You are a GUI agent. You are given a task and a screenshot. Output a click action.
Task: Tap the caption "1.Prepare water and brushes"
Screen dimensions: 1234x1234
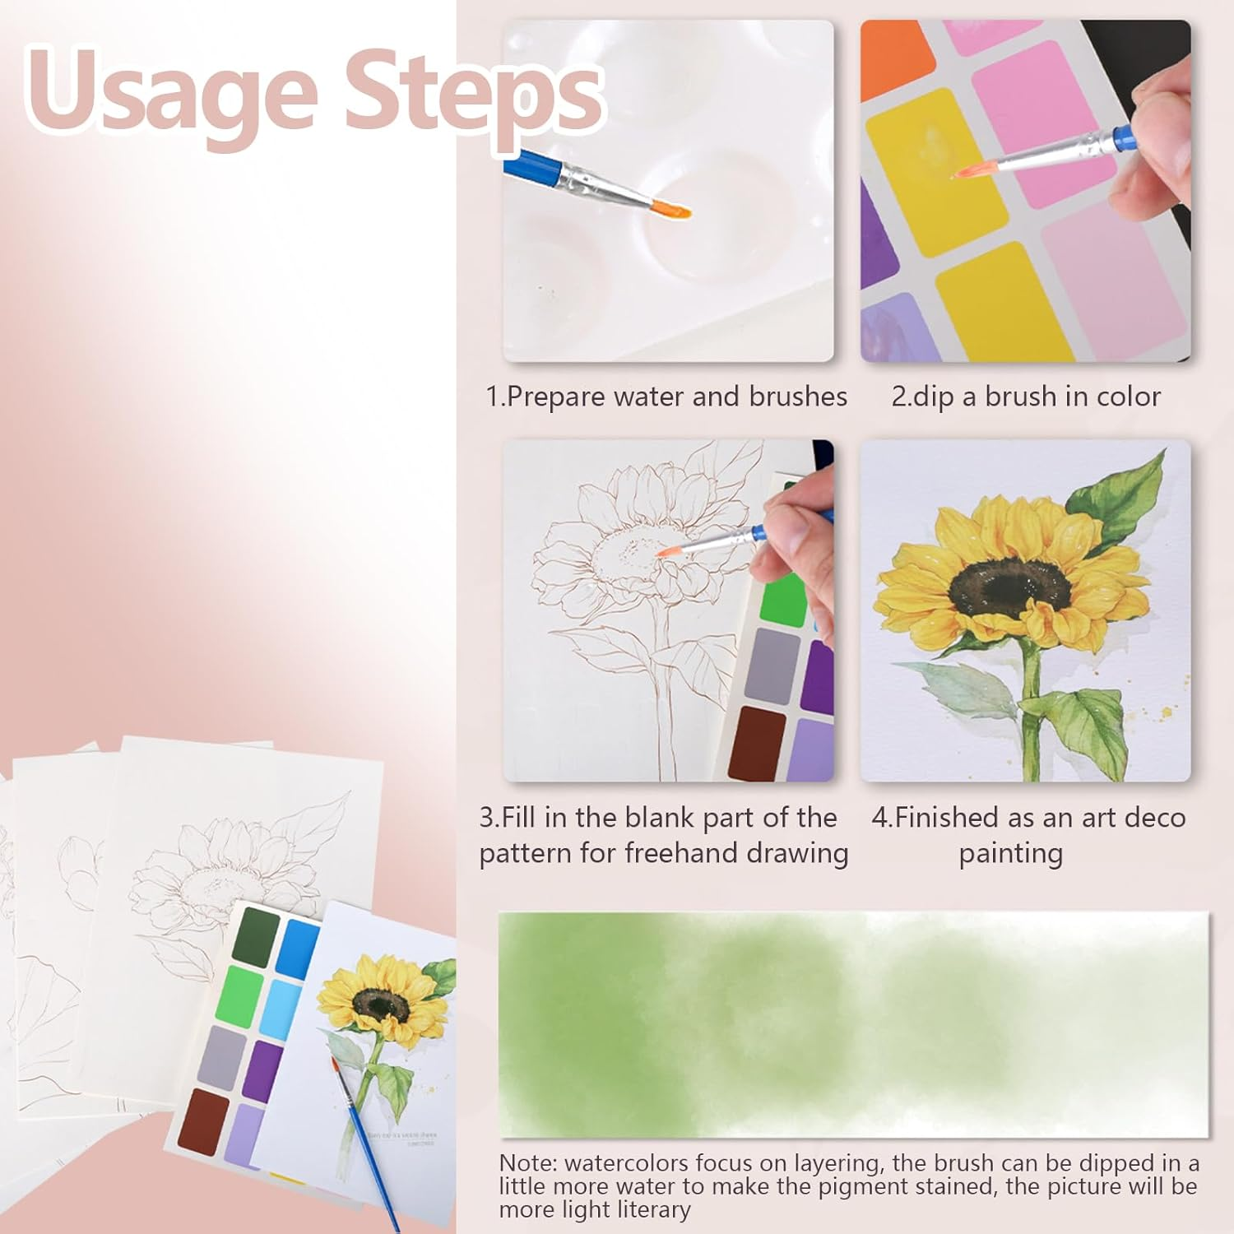tap(666, 397)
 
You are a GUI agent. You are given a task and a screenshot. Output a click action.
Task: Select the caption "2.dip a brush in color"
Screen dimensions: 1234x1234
tap(1025, 397)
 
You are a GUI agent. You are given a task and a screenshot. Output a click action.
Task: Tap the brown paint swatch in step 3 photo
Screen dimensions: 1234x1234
tap(757, 742)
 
